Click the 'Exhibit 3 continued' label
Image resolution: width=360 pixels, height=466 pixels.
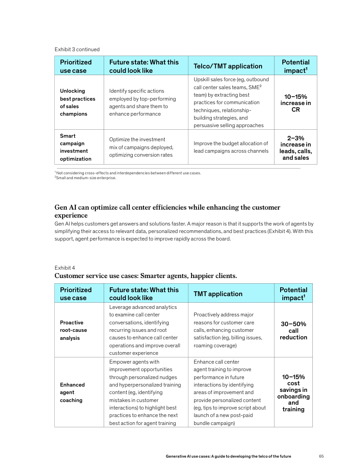click(x=77, y=49)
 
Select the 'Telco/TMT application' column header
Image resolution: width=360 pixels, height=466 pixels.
click(x=228, y=66)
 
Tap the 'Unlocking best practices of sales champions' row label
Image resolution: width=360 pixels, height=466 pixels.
click(x=77, y=102)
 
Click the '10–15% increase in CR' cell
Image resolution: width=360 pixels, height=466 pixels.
click(x=295, y=103)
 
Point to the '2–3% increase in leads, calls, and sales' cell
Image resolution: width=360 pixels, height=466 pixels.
click(x=295, y=148)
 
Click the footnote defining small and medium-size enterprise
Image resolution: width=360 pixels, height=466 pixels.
click(x=85, y=178)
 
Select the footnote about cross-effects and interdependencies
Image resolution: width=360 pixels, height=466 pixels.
click(x=127, y=173)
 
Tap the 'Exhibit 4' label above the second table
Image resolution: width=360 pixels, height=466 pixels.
click(x=64, y=267)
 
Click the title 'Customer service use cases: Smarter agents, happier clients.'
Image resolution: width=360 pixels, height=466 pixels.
click(x=146, y=276)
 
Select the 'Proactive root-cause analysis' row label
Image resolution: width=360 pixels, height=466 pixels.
click(x=73, y=330)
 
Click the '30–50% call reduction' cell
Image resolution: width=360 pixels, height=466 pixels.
click(x=293, y=331)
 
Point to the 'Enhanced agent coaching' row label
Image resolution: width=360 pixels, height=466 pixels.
click(x=72, y=392)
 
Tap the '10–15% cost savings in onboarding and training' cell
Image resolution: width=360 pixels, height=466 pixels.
click(x=293, y=393)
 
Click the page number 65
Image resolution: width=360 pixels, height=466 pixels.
click(x=321, y=456)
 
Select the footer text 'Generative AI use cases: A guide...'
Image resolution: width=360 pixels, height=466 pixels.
click(x=228, y=456)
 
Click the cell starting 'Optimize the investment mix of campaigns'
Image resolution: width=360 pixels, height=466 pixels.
click(x=141, y=147)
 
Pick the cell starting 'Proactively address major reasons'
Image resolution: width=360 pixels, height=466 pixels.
click(x=228, y=330)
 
